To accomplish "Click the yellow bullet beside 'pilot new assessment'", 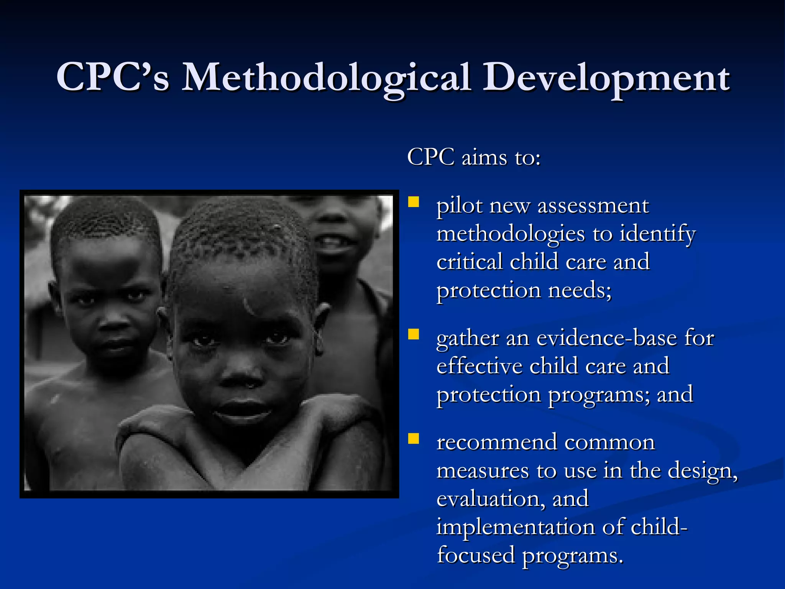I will click(x=414, y=202).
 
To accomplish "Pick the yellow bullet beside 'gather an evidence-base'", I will click(x=414, y=334).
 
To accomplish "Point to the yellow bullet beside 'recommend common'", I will click(x=414, y=438).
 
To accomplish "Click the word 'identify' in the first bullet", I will click(x=657, y=235).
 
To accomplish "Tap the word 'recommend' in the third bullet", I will click(x=497, y=443).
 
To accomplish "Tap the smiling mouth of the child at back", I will click(x=333, y=242).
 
